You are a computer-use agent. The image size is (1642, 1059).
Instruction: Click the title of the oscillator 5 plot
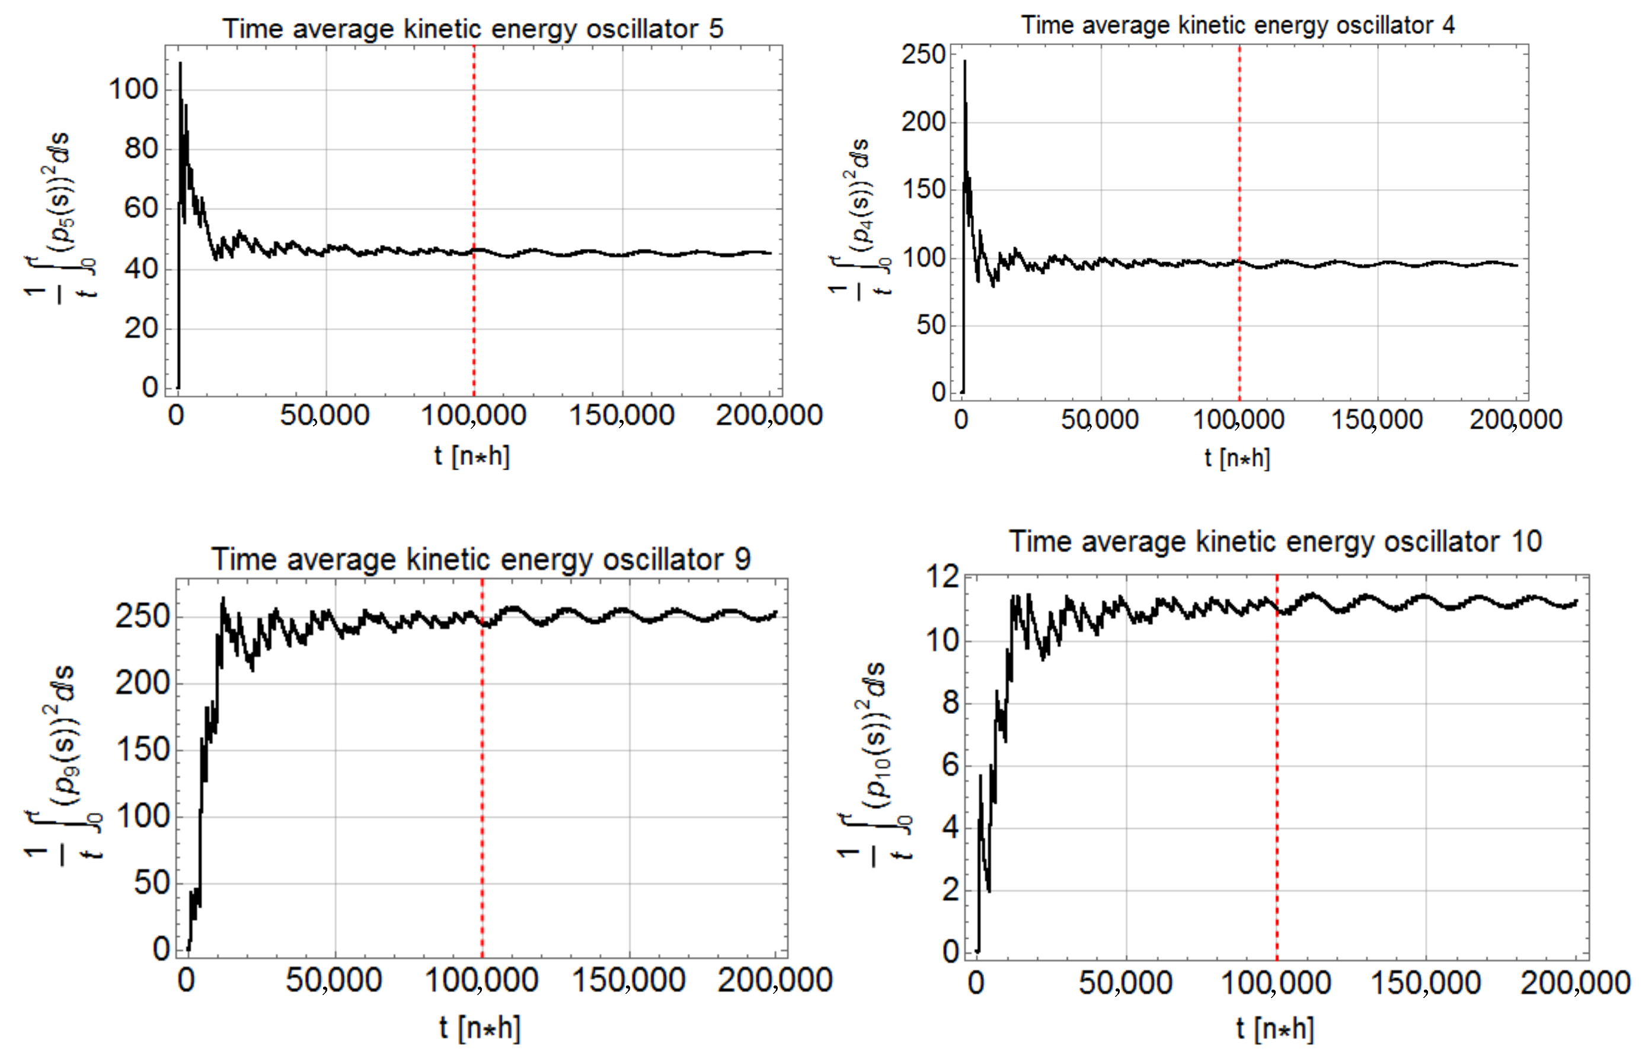(x=473, y=29)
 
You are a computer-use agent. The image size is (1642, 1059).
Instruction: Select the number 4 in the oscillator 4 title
(x=1448, y=25)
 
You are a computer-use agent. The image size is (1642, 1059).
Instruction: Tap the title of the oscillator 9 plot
(x=480, y=559)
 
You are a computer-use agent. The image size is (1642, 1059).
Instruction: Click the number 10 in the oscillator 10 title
(x=1526, y=541)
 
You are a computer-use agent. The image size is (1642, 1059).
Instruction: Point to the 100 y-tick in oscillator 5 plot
(x=133, y=89)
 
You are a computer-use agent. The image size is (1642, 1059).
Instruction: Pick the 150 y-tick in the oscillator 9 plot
(x=142, y=749)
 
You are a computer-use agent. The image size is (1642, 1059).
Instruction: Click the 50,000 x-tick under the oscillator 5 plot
(x=324, y=415)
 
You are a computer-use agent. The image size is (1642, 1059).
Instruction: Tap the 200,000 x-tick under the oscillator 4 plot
(x=1516, y=419)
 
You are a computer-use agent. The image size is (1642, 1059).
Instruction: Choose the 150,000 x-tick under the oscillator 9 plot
(x=629, y=980)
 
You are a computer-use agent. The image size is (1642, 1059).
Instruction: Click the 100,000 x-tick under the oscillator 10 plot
(x=1276, y=983)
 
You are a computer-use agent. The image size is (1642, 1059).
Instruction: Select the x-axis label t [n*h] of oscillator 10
(x=1275, y=1029)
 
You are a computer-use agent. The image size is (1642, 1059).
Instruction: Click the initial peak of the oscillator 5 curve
(x=180, y=64)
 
